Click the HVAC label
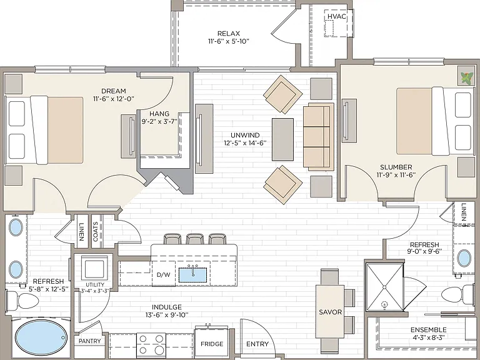[336, 16]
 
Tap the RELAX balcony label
[228, 33]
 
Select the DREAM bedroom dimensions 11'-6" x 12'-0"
[114, 99]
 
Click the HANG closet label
[159, 114]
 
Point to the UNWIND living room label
[245, 135]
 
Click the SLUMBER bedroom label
[396, 167]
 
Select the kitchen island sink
[193, 274]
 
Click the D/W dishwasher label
[163, 274]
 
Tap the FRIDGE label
[212, 344]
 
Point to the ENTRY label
[257, 344]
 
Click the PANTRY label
[90, 341]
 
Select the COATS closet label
[95, 231]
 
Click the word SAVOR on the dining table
[330, 312]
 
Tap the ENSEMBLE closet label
[429, 330]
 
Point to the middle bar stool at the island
[195, 239]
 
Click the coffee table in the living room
[282, 139]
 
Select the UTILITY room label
[95, 285]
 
